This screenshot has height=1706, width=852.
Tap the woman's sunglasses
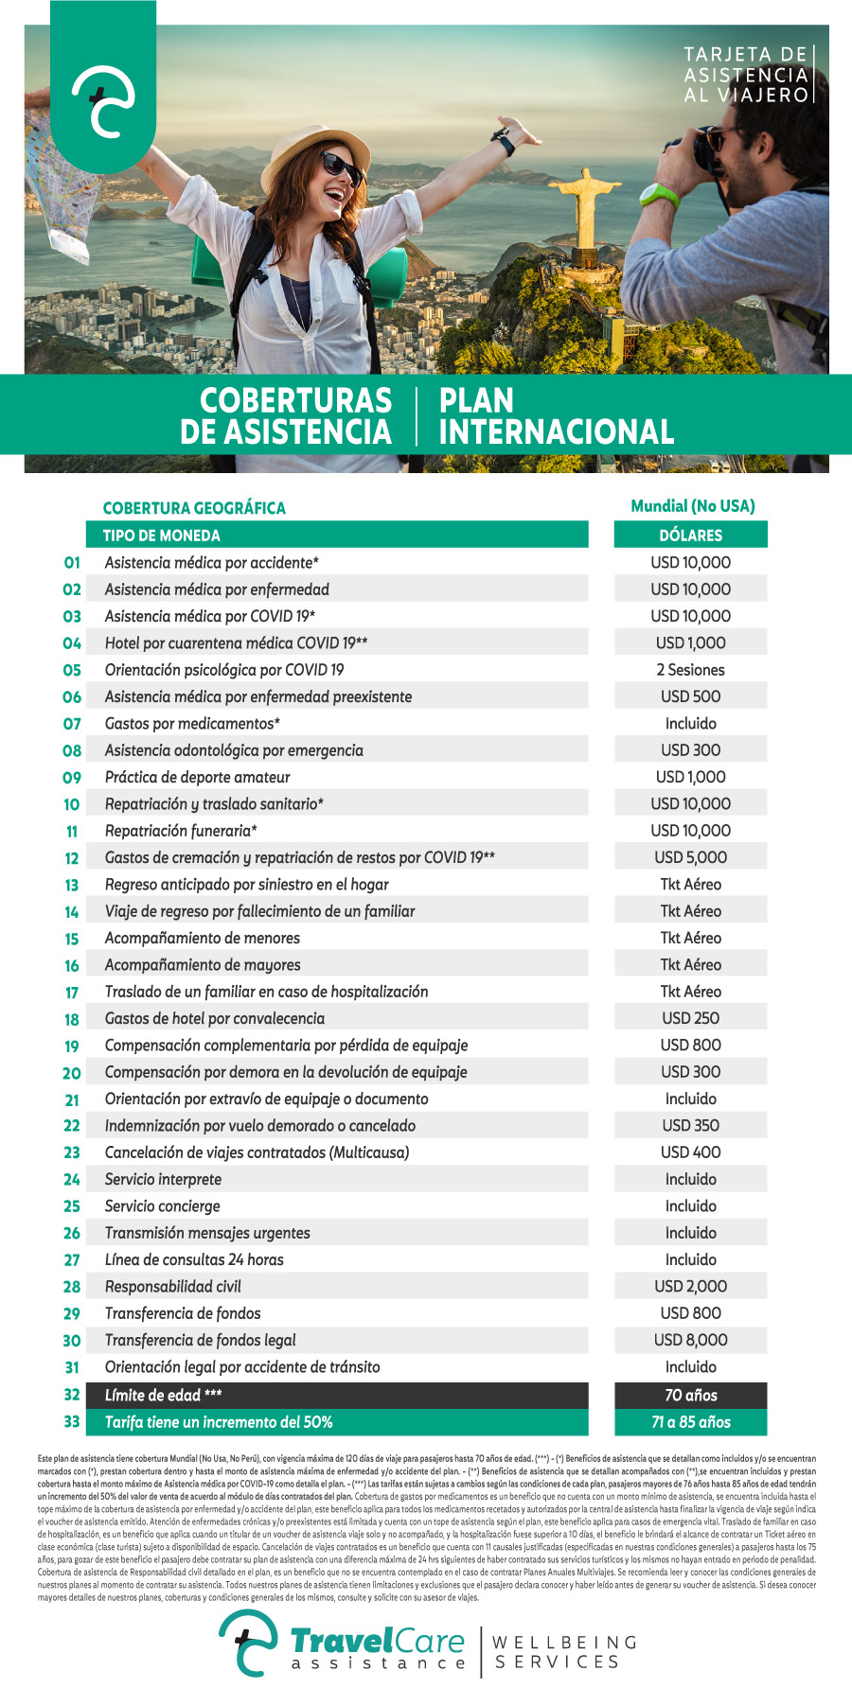[342, 167]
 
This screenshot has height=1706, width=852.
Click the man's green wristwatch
[659, 196]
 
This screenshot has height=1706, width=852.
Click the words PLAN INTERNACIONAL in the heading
[556, 416]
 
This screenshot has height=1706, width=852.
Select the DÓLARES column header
[690, 536]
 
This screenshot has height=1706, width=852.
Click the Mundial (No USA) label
[693, 506]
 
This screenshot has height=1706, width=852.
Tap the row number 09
[72, 778]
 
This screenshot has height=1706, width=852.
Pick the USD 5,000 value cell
[690, 857]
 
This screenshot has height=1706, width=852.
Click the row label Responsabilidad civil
[173, 1287]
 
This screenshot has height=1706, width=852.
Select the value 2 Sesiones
[690, 670]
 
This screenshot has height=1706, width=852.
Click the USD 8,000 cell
[690, 1340]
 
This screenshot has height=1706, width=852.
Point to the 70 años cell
[690, 1395]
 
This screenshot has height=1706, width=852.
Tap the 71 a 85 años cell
[690, 1422]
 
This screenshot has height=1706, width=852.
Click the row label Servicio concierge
[163, 1206]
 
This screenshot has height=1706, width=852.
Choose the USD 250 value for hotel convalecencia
[690, 1018]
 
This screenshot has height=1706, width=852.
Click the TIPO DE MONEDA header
[162, 536]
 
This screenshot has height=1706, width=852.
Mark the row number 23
[72, 1152]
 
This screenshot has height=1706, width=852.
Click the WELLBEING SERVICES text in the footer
[565, 1652]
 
